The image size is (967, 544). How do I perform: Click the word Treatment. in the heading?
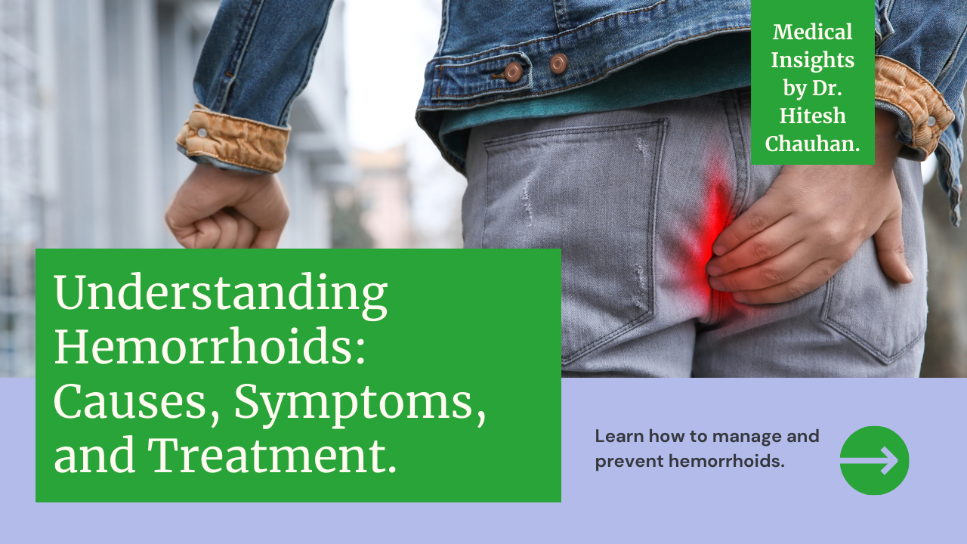[x=272, y=456]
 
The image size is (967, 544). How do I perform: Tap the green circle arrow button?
[x=874, y=460]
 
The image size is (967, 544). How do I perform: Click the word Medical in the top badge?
[x=812, y=32]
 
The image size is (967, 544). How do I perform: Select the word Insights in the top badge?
[x=812, y=60]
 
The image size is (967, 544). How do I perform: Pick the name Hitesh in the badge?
[x=812, y=116]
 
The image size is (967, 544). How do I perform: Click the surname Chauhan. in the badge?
[x=812, y=144]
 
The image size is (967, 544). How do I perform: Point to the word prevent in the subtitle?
[x=629, y=462]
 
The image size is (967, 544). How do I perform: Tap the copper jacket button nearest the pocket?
[x=513, y=71]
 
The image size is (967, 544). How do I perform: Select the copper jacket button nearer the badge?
[x=559, y=63]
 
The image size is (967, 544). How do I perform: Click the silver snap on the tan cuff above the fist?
[x=202, y=132]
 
